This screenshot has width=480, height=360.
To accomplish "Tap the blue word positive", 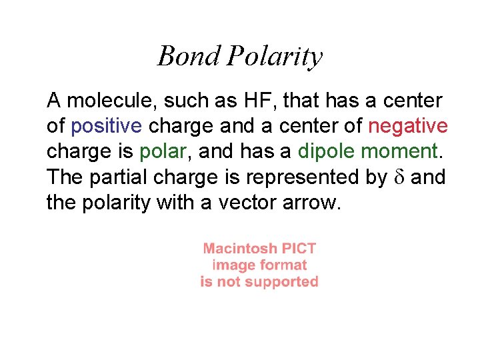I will [105, 127].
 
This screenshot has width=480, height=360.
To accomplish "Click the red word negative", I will [408, 126].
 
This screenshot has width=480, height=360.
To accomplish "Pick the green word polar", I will [161, 153].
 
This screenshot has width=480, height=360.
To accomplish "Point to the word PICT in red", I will [299, 249].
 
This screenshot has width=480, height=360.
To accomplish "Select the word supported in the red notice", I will [282, 282].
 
